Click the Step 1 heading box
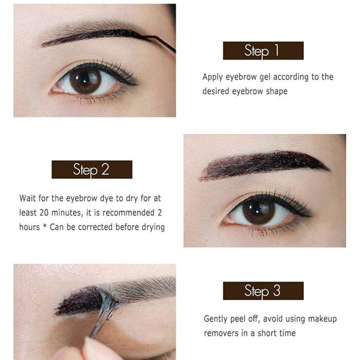[x=263, y=51]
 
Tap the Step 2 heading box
[x=92, y=170]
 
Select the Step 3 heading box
[x=263, y=291]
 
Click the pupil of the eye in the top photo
[x=85, y=81]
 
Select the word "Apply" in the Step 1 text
[x=212, y=77]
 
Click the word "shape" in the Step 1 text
[x=276, y=91]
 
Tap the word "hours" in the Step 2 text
[x=29, y=227]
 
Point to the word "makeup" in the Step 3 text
[x=321, y=319]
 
